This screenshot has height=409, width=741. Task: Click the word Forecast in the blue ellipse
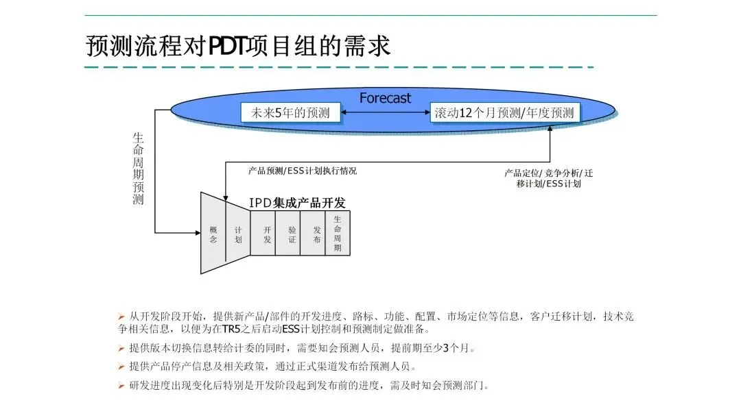pos(385,98)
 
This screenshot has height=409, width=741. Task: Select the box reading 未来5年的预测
pos(290,113)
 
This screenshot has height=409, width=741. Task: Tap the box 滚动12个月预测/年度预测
pos(504,113)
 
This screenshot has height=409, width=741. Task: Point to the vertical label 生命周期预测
pos(138,169)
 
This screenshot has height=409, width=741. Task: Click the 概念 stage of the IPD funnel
pos(213,234)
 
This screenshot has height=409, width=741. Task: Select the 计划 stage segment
pos(238,234)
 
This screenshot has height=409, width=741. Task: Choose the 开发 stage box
pos(267,234)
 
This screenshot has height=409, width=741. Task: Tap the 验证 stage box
pos(292,234)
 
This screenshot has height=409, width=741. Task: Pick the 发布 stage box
pos(316,234)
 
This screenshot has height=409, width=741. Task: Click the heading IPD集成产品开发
pos(297,203)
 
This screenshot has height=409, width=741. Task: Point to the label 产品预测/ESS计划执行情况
pos(302,171)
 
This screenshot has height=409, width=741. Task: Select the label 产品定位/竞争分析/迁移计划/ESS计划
pos(548,178)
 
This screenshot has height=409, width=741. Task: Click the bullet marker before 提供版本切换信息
pos(121,348)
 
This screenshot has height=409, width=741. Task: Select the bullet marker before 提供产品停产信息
pos(121,367)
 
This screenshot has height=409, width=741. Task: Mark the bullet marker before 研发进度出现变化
pos(121,386)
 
